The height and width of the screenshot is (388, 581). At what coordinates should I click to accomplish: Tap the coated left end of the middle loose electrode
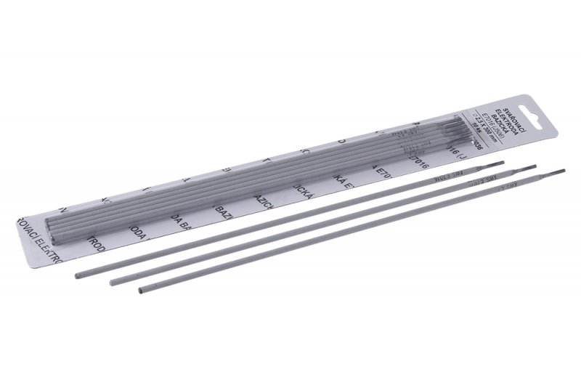coord(113,282)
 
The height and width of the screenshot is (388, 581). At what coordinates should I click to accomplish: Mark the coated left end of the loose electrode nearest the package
coord(79,275)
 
